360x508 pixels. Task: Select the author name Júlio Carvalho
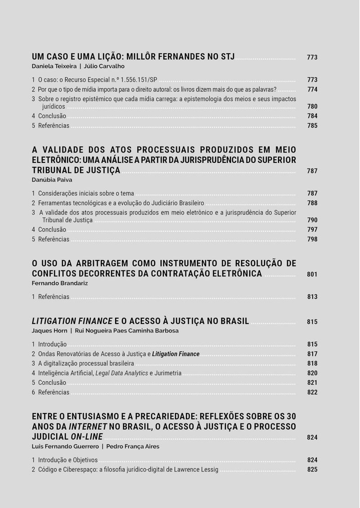[x=104, y=66]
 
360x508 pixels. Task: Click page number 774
[x=312, y=90]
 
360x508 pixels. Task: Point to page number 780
[x=312, y=107]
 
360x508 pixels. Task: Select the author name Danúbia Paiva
[x=52, y=180]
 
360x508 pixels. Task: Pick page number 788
[x=312, y=203]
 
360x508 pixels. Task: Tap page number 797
[x=312, y=229]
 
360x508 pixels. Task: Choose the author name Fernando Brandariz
[x=60, y=283]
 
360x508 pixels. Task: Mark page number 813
[x=312, y=297]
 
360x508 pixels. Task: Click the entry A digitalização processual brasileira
[x=86, y=363]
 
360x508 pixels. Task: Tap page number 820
[x=312, y=373]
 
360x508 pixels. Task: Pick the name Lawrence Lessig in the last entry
[x=195, y=469]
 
